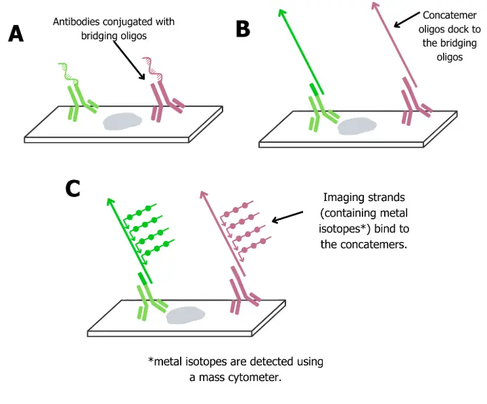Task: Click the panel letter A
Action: [16, 34]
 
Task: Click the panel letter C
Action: [73, 187]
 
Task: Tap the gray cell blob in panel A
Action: [122, 121]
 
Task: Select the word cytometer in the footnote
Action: [257, 377]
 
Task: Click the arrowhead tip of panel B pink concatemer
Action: [373, 5]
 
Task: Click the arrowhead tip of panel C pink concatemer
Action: [202, 193]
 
